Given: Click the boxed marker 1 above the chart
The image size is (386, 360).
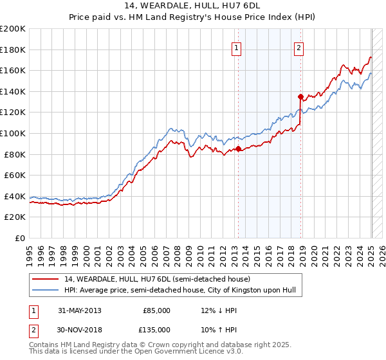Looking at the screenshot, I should click(237, 47).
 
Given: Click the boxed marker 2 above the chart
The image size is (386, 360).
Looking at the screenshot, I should click(300, 47).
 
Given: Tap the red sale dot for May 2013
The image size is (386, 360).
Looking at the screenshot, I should click(238, 148).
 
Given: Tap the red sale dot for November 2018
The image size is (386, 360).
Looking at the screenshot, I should click(300, 96).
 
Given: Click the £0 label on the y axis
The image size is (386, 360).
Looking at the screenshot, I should click(19, 238).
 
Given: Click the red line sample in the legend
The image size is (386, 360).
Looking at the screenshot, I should click(46, 280).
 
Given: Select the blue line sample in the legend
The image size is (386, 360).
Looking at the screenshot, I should click(46, 291).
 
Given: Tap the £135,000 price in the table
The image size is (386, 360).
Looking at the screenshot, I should click(156, 330).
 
